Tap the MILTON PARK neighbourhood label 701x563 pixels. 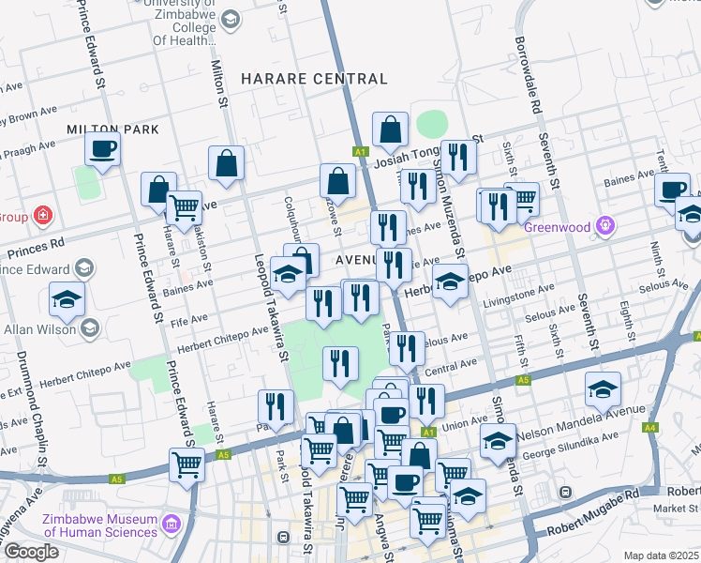click(112, 129)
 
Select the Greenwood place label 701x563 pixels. click(557, 227)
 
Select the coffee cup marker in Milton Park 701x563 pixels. click(103, 148)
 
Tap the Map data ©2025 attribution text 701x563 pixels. click(660, 555)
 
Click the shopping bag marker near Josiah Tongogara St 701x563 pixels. click(390, 131)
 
